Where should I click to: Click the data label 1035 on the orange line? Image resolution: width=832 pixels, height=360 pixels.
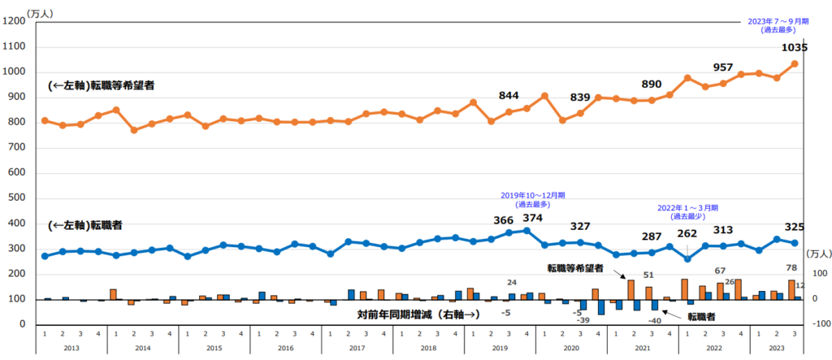(x=794, y=48)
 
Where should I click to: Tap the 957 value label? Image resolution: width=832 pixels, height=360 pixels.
(x=723, y=67)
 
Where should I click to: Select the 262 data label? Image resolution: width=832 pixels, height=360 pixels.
(x=687, y=233)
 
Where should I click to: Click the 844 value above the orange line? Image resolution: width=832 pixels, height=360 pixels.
(x=509, y=97)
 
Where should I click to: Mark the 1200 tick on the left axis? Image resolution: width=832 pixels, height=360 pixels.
(x=16, y=22)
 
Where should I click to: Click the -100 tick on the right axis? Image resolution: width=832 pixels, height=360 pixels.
(x=817, y=324)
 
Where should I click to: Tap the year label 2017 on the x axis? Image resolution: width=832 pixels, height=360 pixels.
(x=357, y=347)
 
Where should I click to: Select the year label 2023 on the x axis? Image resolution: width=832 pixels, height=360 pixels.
(x=776, y=347)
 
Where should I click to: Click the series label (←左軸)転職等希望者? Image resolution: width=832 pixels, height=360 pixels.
(x=102, y=85)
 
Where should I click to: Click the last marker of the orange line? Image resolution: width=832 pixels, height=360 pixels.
(x=794, y=63)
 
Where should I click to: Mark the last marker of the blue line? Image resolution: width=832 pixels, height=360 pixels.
(x=794, y=243)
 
